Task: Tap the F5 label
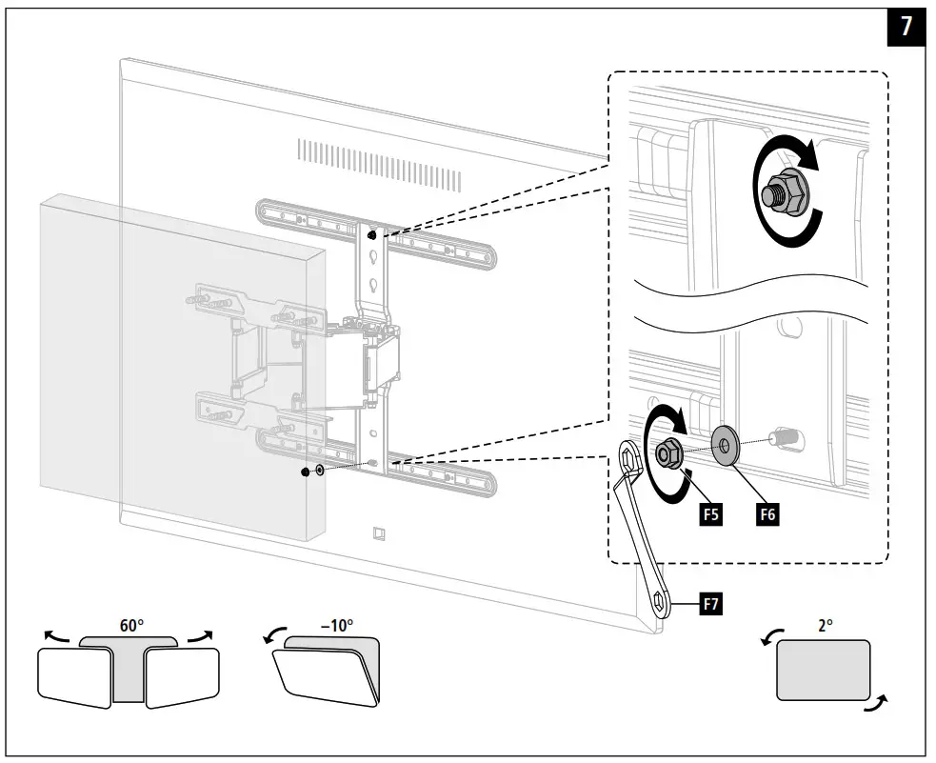point(709,515)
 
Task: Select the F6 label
point(767,515)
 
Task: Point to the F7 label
point(710,602)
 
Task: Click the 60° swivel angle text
point(132,626)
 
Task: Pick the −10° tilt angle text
point(336,626)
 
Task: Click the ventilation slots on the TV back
point(379,163)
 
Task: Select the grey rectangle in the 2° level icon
point(824,671)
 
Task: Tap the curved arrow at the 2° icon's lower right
point(878,704)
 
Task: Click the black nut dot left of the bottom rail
point(306,473)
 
